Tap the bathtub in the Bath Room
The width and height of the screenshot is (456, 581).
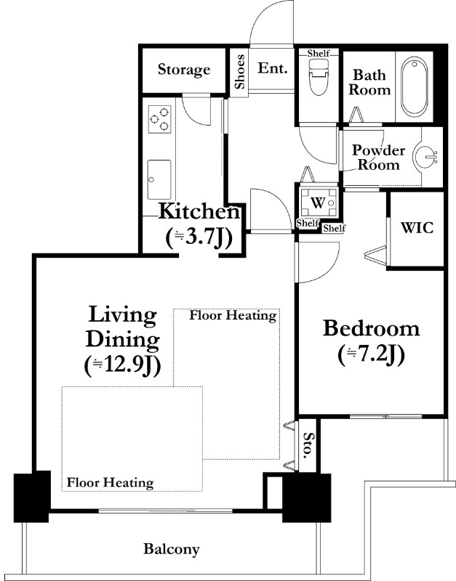(414, 86)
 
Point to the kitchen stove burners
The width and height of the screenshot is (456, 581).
(160, 119)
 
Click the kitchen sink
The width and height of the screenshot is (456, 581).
(159, 179)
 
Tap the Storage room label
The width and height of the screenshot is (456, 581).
(184, 70)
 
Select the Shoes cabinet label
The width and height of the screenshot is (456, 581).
(240, 71)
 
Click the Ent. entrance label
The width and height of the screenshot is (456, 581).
(273, 68)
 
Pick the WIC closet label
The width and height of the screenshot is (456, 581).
(417, 227)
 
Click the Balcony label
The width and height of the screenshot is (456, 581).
(172, 549)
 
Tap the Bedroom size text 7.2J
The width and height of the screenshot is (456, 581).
(371, 355)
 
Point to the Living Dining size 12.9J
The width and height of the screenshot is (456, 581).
(122, 366)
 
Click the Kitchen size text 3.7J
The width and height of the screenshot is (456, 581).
(199, 238)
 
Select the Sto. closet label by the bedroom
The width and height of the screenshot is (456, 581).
(307, 445)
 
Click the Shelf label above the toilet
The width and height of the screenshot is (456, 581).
(319, 54)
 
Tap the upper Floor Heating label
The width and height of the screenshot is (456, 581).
(233, 316)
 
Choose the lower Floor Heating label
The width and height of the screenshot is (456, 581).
(111, 483)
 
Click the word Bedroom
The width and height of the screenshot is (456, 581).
(371, 328)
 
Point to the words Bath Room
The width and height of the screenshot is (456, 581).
(369, 82)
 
